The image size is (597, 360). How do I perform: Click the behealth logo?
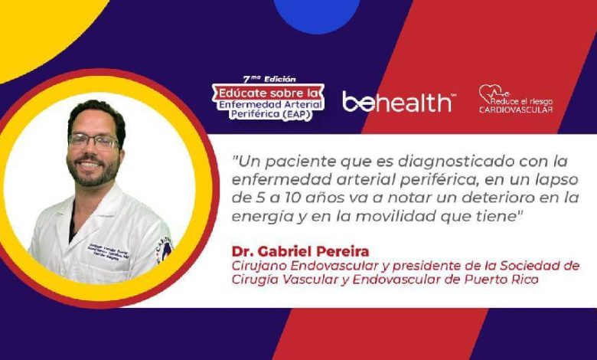[396, 102]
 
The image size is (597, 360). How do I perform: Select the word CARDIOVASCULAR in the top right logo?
[516, 110]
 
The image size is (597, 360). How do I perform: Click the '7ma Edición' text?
[269, 78]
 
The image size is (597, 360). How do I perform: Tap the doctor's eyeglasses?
[93, 142]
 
